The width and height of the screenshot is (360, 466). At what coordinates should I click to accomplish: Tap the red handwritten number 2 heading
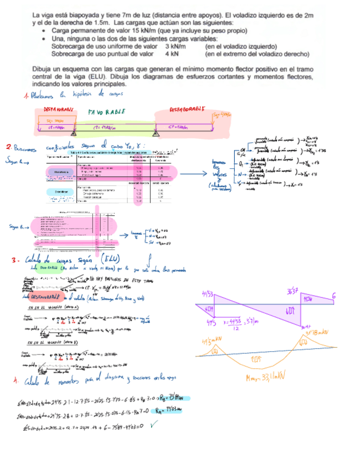(x=8, y=147)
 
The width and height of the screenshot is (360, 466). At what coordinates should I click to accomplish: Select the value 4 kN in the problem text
(x=171, y=54)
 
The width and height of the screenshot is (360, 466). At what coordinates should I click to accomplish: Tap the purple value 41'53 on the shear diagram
(x=208, y=295)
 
